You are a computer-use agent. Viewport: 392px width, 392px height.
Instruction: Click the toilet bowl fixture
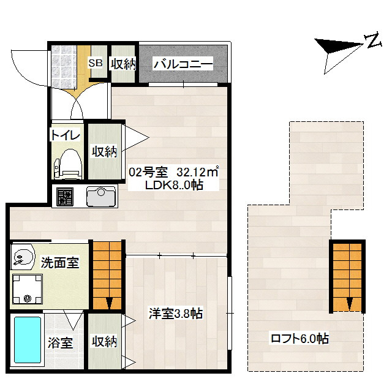click(x=68, y=164)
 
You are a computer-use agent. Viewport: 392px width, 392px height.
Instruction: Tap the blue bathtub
click(x=28, y=340)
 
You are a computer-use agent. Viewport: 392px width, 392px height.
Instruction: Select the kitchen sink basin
click(x=101, y=196)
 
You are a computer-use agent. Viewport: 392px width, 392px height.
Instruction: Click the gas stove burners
click(x=65, y=197)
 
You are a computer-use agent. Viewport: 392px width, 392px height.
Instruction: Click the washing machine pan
click(x=28, y=288)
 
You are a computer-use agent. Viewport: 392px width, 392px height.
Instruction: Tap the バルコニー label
click(x=183, y=64)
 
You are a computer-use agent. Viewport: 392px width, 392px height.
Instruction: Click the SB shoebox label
click(x=96, y=63)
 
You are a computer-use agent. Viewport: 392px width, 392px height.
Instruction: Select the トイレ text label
click(x=66, y=135)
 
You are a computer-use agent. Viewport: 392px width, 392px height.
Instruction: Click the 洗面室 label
click(x=60, y=263)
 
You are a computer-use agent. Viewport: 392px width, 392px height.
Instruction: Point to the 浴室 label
click(x=60, y=342)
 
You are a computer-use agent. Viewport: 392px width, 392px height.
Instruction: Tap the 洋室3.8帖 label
click(x=176, y=313)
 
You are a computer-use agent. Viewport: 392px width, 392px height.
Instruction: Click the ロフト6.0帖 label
click(x=300, y=339)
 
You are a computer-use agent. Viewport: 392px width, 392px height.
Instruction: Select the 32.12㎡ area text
click(x=198, y=172)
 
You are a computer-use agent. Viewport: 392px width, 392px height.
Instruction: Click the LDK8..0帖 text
click(x=174, y=185)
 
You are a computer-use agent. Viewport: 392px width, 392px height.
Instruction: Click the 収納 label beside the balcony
click(x=123, y=64)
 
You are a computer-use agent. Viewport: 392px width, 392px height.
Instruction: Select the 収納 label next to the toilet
click(x=104, y=151)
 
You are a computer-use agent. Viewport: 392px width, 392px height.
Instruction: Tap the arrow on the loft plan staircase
click(x=350, y=303)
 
